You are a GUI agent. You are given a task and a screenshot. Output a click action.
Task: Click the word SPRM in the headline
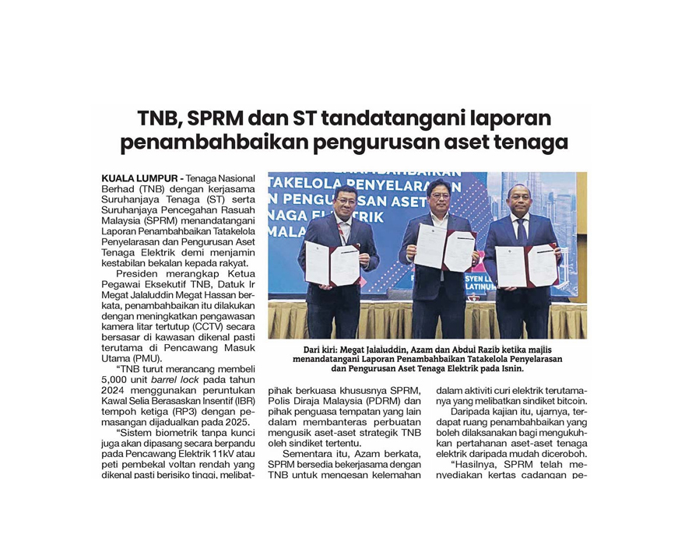pos(214,119)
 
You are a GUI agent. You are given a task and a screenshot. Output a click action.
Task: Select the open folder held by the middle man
pos(444,248)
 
